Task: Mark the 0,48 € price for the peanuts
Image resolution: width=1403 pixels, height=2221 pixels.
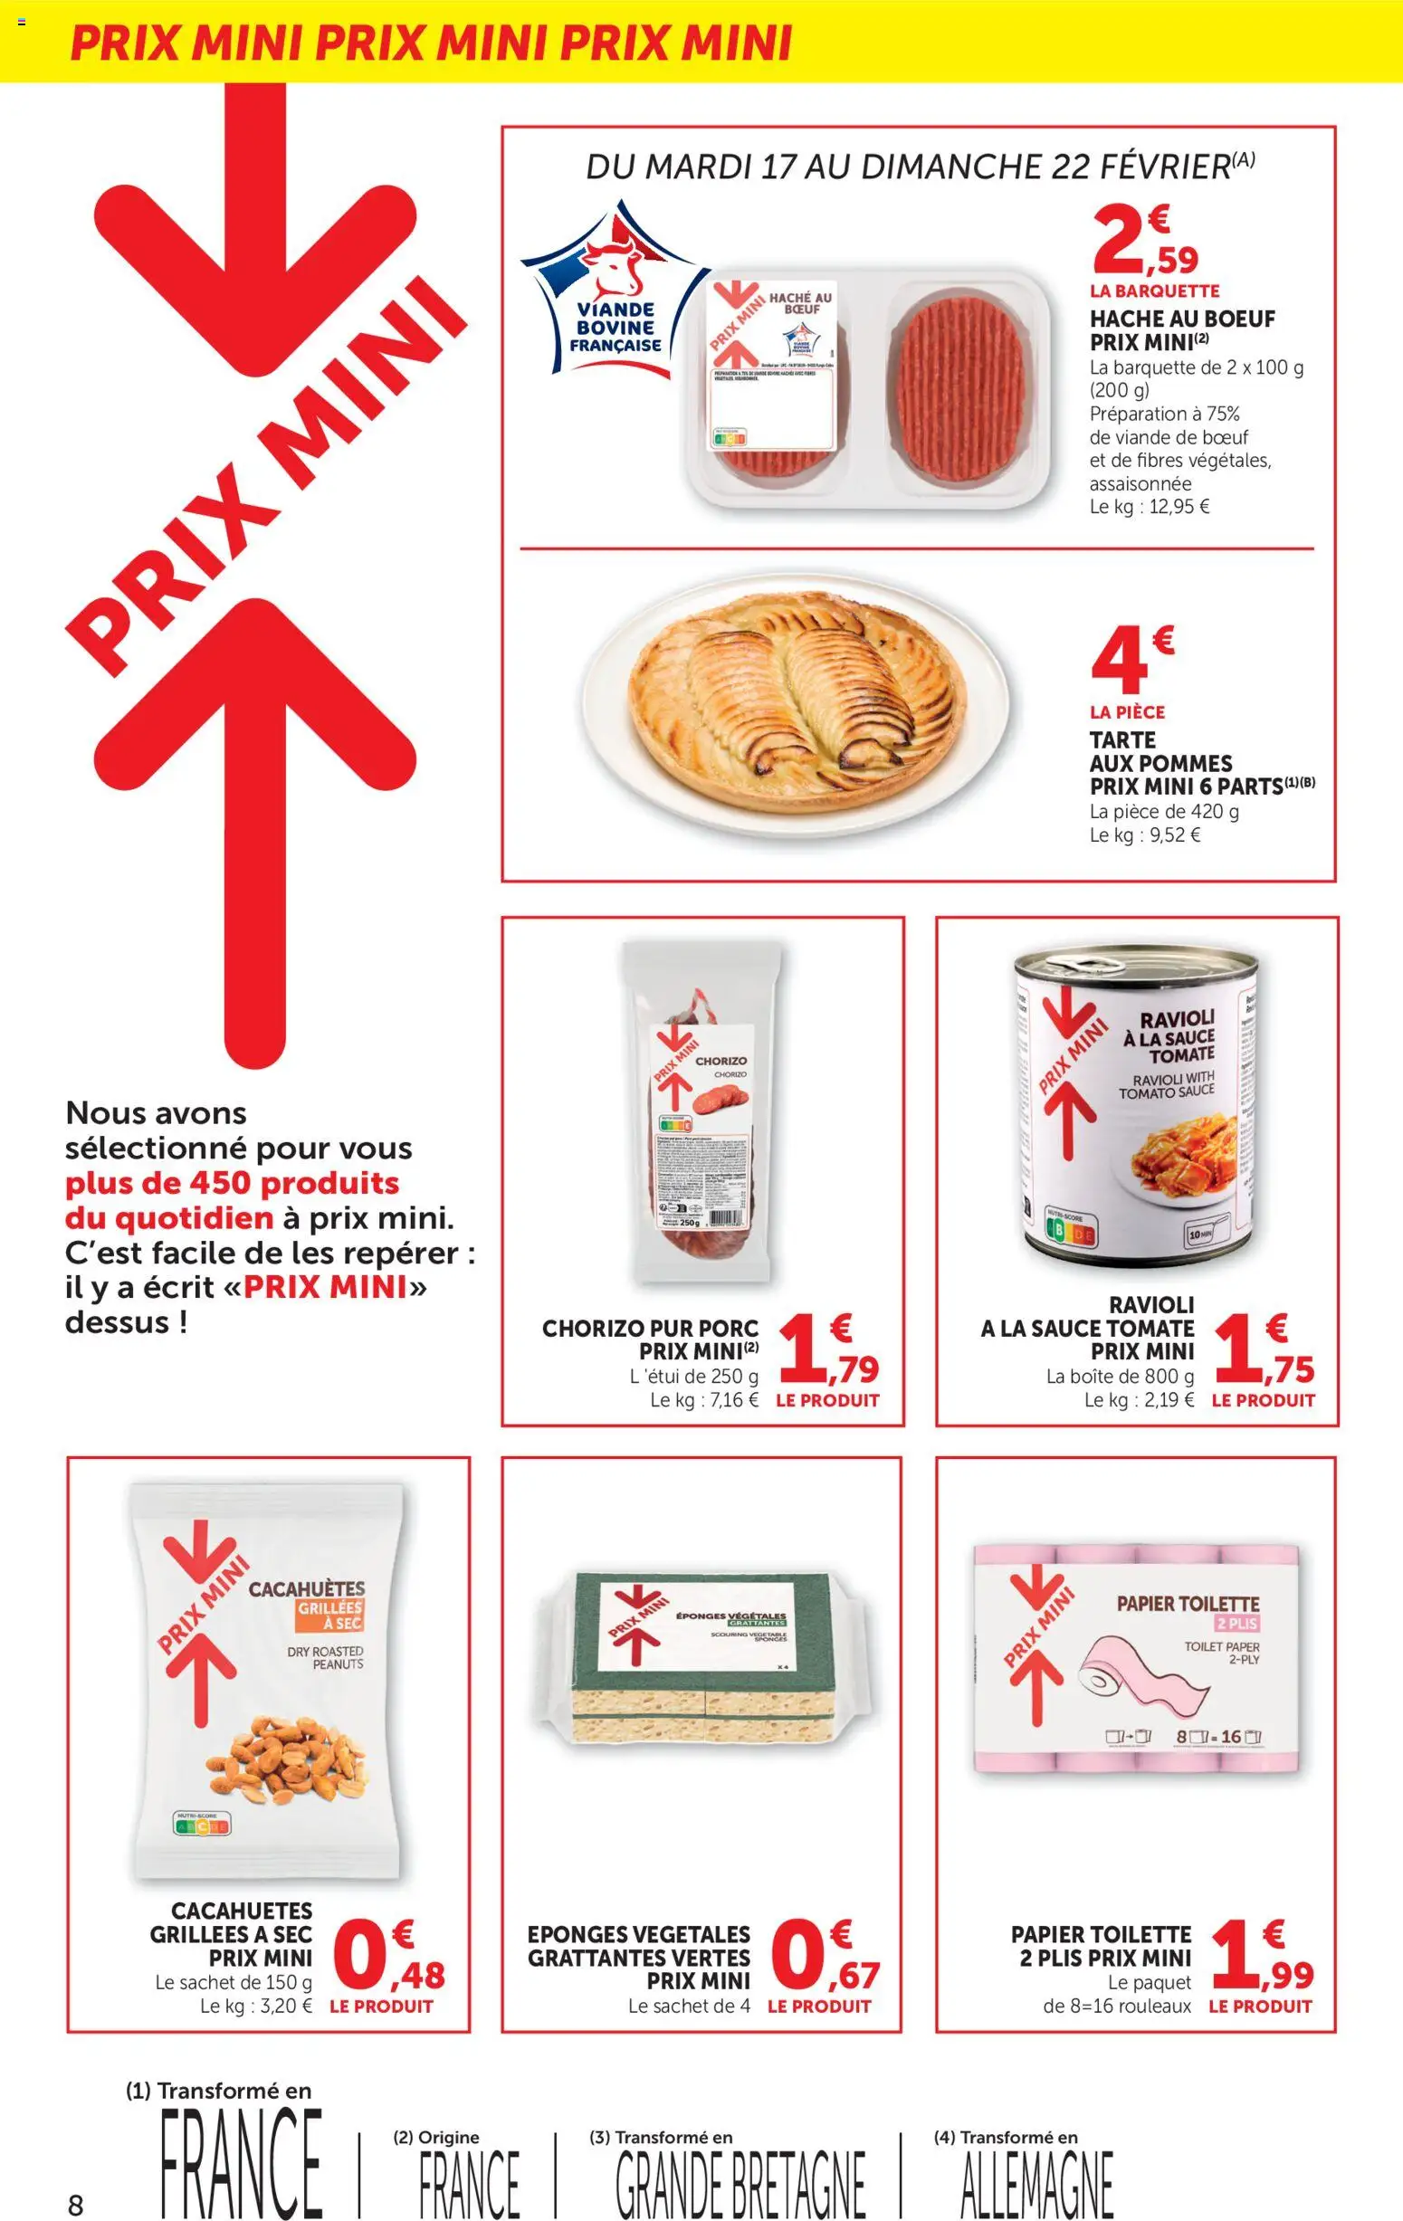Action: [x=393, y=1959]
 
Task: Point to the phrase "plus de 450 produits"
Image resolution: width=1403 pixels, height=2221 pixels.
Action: [x=233, y=1184]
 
